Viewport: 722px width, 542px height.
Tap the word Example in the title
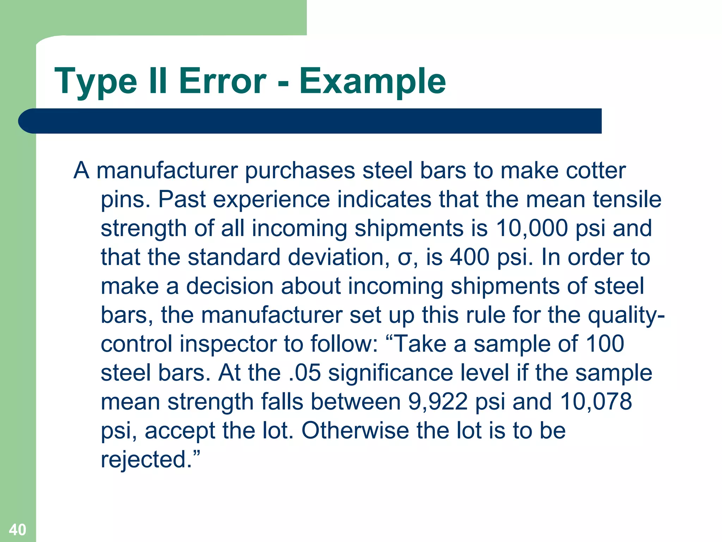373,82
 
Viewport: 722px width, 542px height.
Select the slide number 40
17,530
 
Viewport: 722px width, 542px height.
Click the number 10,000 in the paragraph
532,228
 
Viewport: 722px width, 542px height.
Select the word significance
391,373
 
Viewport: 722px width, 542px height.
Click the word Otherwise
355,431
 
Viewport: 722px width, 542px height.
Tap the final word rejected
147,460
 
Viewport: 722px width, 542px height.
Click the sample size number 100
605,344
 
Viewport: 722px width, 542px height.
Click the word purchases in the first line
300,171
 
